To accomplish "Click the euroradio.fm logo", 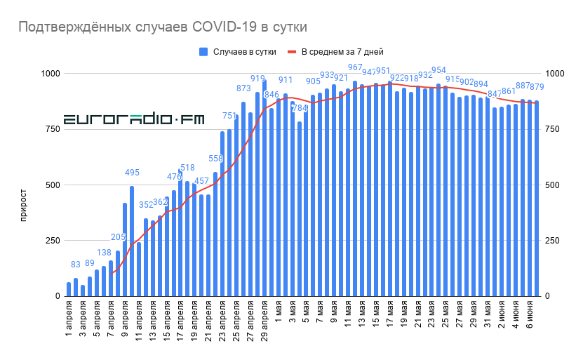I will click(134, 120).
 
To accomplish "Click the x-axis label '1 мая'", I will click(279, 316).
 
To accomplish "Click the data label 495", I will click(132, 173).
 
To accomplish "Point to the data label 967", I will click(355, 67).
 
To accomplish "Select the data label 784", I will click(300, 108).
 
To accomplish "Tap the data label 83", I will click(76, 265).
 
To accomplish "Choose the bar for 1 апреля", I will click(69, 289).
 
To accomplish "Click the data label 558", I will click(215, 159).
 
